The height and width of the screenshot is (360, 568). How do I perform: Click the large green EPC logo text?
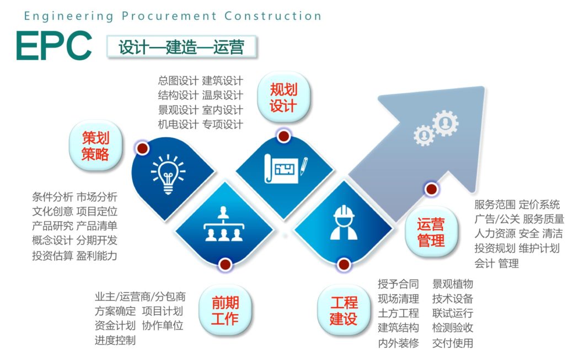[54, 46]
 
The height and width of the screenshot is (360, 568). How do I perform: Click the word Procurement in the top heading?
[169, 17]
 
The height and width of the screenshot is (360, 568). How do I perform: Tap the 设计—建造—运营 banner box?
[181, 47]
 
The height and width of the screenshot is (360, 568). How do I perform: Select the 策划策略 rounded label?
[95, 146]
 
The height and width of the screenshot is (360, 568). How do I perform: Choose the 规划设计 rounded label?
[283, 98]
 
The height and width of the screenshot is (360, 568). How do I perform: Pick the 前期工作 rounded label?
[226, 310]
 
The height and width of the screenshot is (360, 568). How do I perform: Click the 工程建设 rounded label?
[344, 310]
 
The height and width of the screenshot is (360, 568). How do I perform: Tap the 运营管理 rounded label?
[431, 232]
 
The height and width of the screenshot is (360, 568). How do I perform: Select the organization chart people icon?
[223, 224]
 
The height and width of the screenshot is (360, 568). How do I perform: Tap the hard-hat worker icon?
[344, 222]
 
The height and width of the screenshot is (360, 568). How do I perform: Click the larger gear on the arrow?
[445, 123]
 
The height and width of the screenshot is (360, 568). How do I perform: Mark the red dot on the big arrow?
[431, 189]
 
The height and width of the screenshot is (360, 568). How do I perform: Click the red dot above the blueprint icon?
[283, 136]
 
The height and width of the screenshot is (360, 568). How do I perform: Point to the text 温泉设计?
[222, 95]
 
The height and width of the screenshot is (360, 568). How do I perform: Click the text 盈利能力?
[97, 256]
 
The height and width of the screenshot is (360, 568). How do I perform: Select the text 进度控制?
[115, 340]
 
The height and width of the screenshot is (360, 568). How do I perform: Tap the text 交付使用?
[452, 342]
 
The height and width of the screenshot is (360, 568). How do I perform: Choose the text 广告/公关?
[497, 219]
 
